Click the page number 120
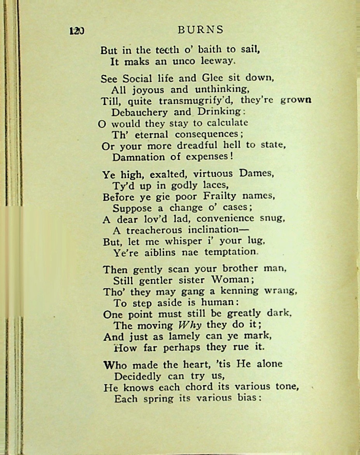(x=77, y=31)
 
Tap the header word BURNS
(x=200, y=30)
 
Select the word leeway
(x=218, y=61)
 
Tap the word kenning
(x=242, y=291)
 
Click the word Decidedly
(x=138, y=376)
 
